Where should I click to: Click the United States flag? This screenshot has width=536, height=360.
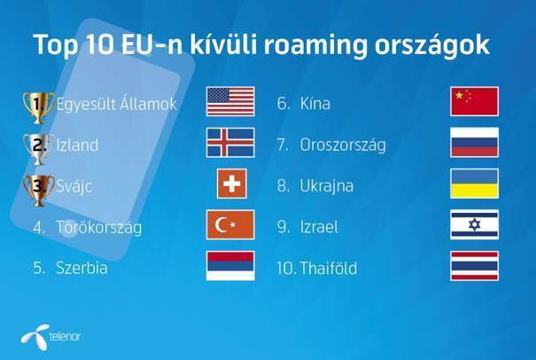point(230,101)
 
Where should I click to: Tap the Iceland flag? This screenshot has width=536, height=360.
point(230,143)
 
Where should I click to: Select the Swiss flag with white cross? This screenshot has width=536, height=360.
point(232,184)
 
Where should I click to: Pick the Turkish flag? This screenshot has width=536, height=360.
point(230,224)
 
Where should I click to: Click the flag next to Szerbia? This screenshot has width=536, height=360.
point(230,265)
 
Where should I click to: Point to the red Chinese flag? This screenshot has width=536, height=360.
point(475,101)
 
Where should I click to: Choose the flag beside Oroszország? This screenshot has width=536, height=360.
point(475,143)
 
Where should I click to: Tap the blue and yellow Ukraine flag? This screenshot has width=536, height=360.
point(475,184)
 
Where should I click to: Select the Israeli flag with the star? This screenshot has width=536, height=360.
point(475,224)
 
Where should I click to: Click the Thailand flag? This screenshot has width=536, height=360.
point(475,265)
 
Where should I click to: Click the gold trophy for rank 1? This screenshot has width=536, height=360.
point(38,107)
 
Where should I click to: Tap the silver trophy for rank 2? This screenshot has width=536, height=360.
point(38,149)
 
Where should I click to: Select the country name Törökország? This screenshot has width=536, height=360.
point(99,227)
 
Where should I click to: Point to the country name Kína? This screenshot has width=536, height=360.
point(315,104)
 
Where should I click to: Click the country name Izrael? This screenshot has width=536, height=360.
point(319,227)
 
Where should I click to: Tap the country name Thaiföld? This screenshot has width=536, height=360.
point(329,268)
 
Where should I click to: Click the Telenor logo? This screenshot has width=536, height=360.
point(50,337)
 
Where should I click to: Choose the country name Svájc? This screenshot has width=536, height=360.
point(74,186)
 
